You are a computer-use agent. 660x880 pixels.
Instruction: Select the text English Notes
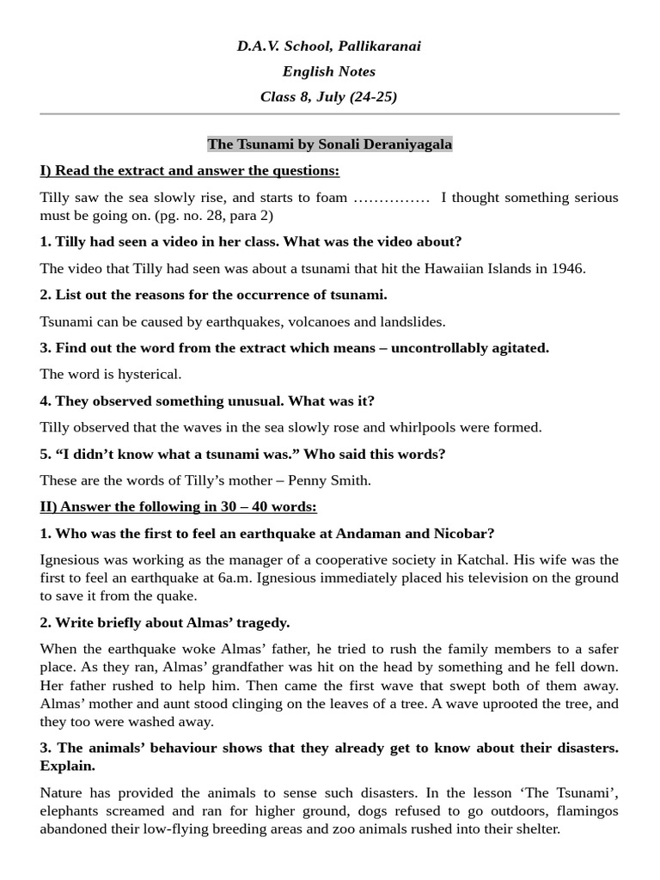click(329, 71)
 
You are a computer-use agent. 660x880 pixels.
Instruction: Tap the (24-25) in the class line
click(373, 96)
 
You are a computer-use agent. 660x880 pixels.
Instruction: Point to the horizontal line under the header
click(329, 113)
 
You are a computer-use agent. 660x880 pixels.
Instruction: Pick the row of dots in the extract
click(392, 198)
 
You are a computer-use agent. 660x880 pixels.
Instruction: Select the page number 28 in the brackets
click(223, 216)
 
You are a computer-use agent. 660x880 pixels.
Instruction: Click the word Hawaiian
click(455, 268)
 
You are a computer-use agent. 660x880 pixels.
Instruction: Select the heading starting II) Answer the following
click(178, 507)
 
